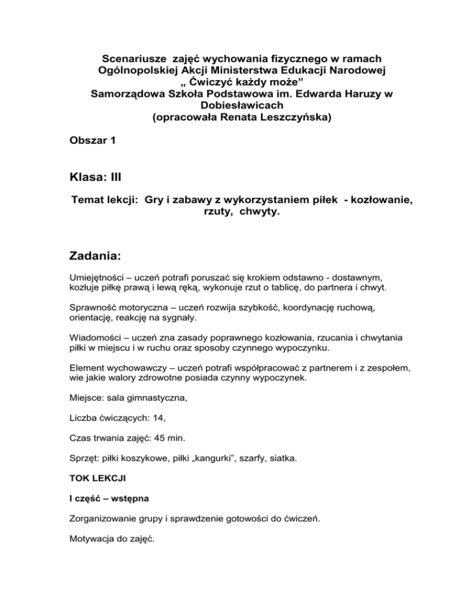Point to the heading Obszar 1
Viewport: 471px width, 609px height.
click(x=92, y=140)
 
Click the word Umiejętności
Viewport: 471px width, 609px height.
click(x=99, y=277)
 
